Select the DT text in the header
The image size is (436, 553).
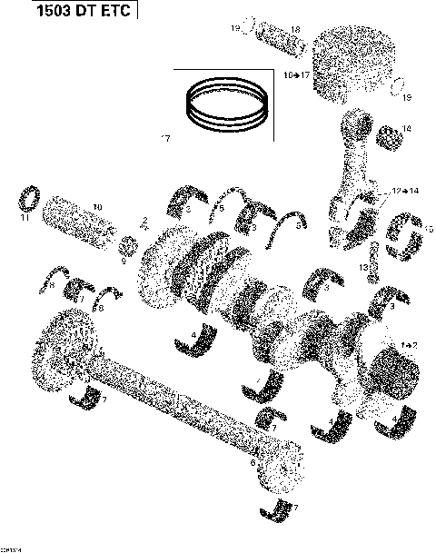76,13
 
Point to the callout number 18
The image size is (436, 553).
270,30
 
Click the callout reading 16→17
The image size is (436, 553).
297,73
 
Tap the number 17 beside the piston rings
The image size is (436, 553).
165,138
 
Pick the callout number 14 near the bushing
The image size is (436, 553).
405,129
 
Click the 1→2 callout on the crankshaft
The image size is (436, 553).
408,345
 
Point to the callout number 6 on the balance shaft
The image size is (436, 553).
252,461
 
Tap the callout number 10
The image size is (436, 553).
97,206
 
